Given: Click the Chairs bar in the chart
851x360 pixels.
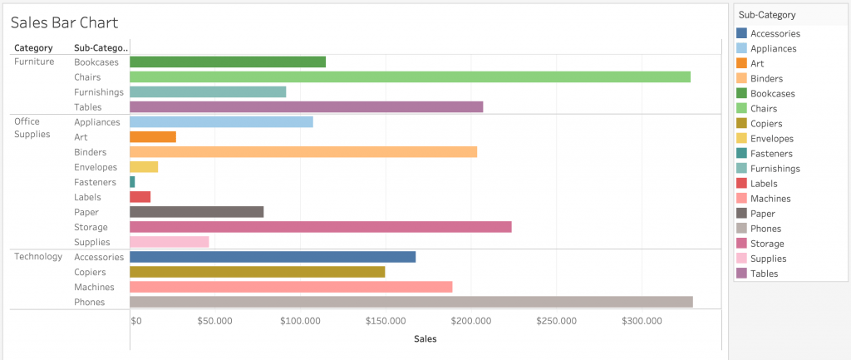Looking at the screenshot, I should [x=410, y=76].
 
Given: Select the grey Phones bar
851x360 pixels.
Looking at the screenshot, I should [x=411, y=302].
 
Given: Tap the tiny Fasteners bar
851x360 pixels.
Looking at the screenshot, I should [x=132, y=182].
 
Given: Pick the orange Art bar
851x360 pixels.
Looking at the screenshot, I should [x=152, y=137].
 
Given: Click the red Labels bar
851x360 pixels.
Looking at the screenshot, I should [x=140, y=197].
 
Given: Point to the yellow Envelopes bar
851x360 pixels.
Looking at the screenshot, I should [x=143, y=167].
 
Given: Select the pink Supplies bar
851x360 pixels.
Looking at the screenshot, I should [x=169, y=242].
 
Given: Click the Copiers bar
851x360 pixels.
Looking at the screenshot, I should [x=257, y=272].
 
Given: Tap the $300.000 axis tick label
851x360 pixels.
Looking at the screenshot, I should [x=642, y=321].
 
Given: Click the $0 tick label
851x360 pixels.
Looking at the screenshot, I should [x=136, y=321].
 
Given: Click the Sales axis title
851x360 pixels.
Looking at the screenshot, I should [x=425, y=338].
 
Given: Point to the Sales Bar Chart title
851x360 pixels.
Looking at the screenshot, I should [x=64, y=22].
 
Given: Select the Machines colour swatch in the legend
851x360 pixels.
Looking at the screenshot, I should [x=741, y=199].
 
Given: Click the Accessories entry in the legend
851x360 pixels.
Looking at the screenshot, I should [x=775, y=34].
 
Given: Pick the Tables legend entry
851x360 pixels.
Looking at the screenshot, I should [x=764, y=274].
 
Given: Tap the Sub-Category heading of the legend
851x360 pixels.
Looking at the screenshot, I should [x=766, y=15].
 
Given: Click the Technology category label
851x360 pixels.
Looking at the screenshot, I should [x=38, y=256].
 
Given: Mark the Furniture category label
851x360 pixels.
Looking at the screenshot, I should [x=34, y=62].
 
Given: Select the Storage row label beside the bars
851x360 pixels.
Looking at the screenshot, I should [x=91, y=227].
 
